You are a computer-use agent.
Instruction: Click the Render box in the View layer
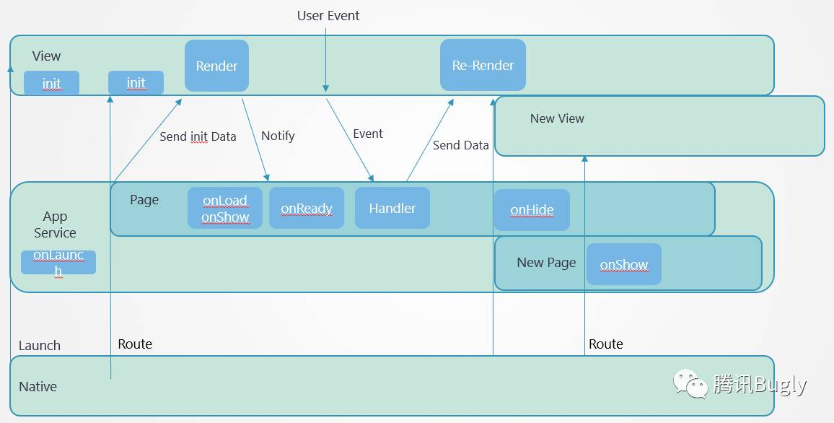[216, 66]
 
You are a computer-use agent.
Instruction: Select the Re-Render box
[483, 65]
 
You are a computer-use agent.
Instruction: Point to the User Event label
[328, 16]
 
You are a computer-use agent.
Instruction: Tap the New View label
[557, 118]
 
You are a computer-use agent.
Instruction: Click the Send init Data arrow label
[198, 136]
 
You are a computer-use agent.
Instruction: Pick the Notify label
[278, 136]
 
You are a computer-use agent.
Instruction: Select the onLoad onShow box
[225, 208]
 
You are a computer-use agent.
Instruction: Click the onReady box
[307, 208]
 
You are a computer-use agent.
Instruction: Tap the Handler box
[392, 208]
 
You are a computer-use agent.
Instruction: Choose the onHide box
[532, 210]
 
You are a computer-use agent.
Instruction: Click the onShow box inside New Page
[624, 264]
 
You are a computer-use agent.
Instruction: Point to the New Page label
[546, 262]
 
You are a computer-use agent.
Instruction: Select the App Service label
[55, 224]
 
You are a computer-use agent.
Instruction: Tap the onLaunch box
[58, 262]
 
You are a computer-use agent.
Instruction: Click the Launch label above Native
[40, 346]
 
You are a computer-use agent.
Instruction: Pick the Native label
[38, 387]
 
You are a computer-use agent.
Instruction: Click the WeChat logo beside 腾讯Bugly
[690, 383]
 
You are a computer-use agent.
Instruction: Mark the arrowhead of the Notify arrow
[266, 177]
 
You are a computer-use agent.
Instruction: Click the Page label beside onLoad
[144, 200]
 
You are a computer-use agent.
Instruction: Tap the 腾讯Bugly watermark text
[760, 384]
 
